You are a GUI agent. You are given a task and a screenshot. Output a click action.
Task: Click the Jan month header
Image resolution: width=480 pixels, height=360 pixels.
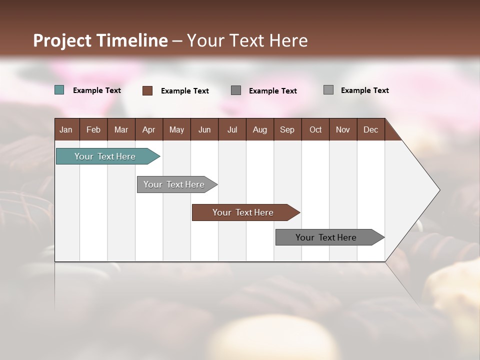[x=66, y=129]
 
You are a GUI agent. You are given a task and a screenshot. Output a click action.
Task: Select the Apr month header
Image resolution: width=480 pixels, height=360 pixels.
[x=149, y=129]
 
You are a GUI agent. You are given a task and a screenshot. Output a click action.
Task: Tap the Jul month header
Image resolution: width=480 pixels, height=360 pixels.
[x=232, y=129]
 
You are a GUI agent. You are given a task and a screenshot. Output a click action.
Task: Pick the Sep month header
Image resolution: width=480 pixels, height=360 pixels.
[x=287, y=129]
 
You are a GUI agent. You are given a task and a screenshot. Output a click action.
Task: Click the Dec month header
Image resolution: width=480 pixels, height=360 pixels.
[x=370, y=129]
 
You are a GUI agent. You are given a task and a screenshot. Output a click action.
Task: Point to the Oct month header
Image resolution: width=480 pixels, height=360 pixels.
[x=315, y=129]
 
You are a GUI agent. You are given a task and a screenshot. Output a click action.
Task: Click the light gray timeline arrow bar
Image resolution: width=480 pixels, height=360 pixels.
[x=175, y=184]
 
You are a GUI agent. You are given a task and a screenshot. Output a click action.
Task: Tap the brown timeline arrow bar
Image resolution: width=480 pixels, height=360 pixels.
[x=244, y=212]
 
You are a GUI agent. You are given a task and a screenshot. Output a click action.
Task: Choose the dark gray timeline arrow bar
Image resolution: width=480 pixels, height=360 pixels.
[x=327, y=237]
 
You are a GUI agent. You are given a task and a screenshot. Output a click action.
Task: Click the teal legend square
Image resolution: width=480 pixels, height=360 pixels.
[x=59, y=90]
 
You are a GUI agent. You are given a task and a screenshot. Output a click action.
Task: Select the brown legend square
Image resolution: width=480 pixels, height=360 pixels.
[x=147, y=90]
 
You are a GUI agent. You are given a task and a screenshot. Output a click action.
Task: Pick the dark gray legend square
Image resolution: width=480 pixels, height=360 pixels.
[x=236, y=90]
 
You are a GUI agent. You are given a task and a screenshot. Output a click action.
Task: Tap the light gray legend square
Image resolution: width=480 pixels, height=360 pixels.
[x=328, y=90]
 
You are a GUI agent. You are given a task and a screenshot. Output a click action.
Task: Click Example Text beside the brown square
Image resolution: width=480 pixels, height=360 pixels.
[x=185, y=91]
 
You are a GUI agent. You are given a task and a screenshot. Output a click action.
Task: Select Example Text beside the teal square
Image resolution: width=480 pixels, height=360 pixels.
[x=97, y=90]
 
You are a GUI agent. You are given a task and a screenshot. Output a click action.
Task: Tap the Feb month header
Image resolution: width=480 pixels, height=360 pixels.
[x=93, y=129]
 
